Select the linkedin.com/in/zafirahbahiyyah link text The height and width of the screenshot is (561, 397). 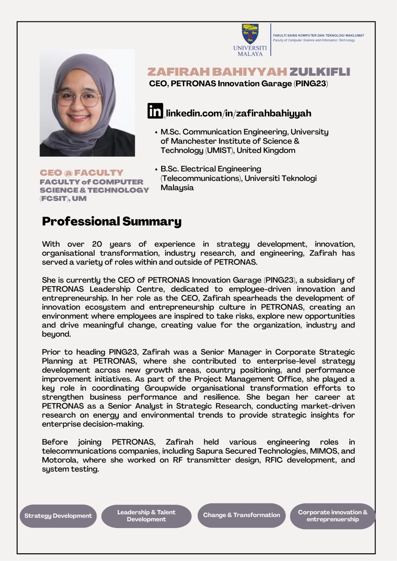[x=238, y=113]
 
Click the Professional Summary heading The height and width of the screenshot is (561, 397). [x=112, y=221]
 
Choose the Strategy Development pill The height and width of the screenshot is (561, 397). [x=58, y=516]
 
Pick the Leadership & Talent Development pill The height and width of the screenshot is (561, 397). [x=146, y=516]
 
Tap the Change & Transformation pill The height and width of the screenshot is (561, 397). [x=241, y=515]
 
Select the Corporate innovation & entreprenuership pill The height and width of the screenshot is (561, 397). [x=332, y=516]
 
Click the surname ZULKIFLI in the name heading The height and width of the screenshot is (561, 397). [x=319, y=72]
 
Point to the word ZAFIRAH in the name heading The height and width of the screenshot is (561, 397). [x=178, y=72]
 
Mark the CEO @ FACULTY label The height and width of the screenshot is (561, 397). [x=81, y=173]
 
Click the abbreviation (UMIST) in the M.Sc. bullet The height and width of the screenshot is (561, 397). [x=219, y=150]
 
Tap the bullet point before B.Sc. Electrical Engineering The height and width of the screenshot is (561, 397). [x=156, y=169]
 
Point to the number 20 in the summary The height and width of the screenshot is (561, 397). [x=97, y=244]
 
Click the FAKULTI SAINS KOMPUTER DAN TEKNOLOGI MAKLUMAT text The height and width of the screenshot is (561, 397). [x=318, y=35]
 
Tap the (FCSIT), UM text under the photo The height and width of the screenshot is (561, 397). [x=63, y=198]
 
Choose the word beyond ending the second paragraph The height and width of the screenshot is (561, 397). [x=56, y=334]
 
